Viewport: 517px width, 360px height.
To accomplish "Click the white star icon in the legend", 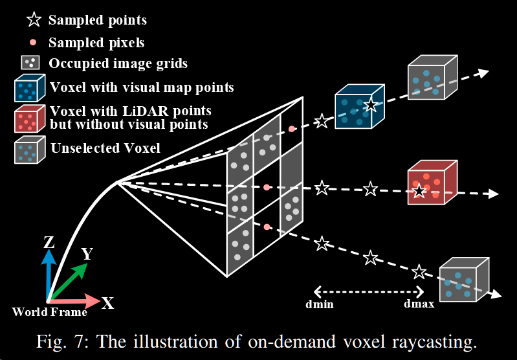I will tap(33, 20).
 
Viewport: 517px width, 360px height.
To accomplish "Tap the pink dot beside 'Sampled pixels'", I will tap(32, 42).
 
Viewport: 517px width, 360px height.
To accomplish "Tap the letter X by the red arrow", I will tap(107, 302).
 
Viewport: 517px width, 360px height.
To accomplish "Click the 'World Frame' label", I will tap(49, 312).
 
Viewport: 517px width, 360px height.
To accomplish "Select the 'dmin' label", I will tap(320, 304).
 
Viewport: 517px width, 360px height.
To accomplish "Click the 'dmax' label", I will tap(419, 304).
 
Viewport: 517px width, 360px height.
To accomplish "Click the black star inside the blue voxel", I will tap(370, 105).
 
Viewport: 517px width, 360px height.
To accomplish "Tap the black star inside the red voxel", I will tap(419, 190).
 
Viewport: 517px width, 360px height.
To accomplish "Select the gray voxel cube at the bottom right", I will tap(462, 280).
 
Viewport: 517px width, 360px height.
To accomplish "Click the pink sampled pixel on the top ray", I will tap(292, 129).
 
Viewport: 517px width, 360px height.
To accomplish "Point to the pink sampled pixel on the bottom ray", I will tap(266, 227).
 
